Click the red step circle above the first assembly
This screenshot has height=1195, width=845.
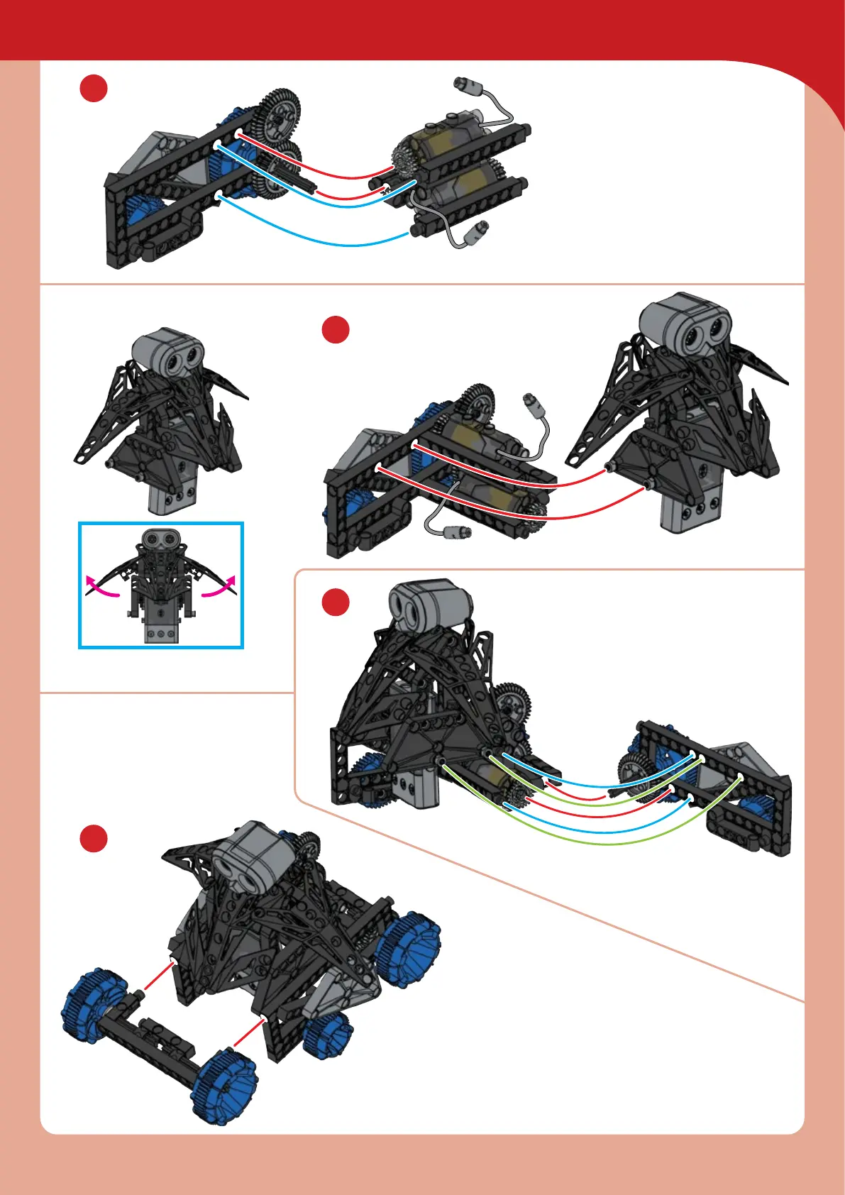(x=93, y=89)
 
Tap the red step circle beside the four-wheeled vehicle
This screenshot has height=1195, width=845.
(x=93, y=838)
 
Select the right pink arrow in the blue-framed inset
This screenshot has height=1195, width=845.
(x=220, y=588)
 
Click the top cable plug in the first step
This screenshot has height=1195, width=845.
(x=468, y=86)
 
